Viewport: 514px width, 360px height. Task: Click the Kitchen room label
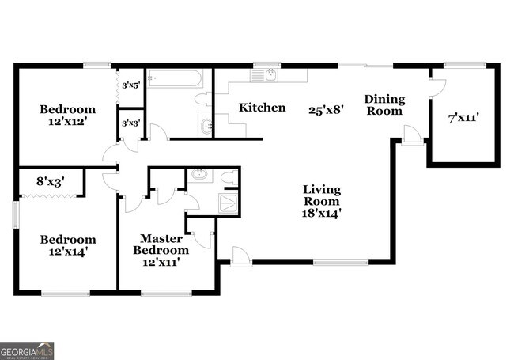pos(262,108)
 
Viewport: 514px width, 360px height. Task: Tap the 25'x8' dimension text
pos(326,110)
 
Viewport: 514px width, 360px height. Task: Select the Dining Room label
pos(384,105)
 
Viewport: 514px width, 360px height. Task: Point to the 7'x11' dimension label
pos(463,117)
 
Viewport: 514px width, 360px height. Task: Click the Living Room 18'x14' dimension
pos(321,214)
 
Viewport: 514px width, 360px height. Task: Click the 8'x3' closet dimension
pos(50,181)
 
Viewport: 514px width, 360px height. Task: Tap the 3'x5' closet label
pos(131,85)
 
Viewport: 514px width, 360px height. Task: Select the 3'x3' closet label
pos(131,123)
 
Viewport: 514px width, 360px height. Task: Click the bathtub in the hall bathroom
pos(175,78)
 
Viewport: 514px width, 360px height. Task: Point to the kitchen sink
pos(271,76)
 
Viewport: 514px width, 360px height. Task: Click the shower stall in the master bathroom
pos(229,203)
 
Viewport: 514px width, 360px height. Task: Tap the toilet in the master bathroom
pos(229,177)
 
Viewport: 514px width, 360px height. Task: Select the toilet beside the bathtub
pos(203,99)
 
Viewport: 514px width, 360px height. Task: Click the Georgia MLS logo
pos(27,351)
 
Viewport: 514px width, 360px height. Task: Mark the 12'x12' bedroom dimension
pos(68,122)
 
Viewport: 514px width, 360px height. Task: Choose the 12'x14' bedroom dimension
pos(68,252)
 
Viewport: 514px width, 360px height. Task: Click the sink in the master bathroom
pos(198,174)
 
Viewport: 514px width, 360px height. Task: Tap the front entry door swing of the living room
pos(242,255)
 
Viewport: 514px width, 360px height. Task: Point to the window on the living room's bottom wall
pos(341,262)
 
